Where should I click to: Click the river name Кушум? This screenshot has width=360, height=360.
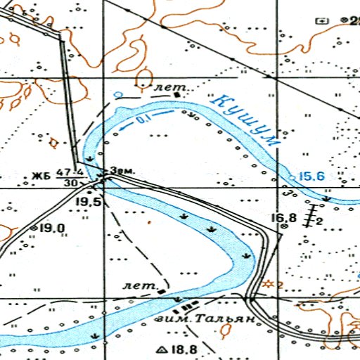tap(248, 120)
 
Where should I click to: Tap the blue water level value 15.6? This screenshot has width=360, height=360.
tap(311, 176)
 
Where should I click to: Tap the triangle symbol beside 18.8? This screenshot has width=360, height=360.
tap(163, 349)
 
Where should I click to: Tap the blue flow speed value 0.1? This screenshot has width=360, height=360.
tap(143, 122)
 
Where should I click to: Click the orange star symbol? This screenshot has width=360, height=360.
tap(267, 284)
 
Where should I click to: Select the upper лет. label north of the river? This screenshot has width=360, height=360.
tap(167, 88)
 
